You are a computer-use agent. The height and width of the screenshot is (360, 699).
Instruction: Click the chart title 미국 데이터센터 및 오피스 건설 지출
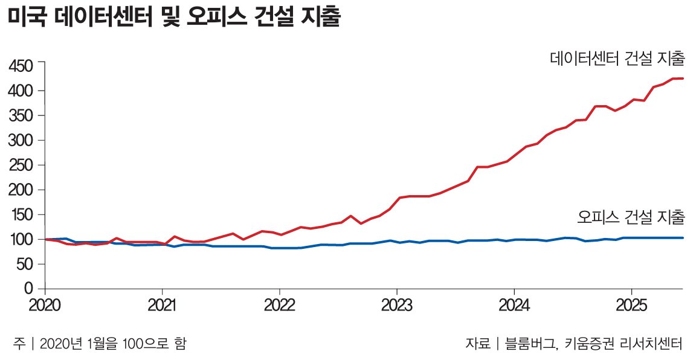click(175, 19)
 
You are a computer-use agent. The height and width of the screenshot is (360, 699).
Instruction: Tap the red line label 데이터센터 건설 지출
click(617, 59)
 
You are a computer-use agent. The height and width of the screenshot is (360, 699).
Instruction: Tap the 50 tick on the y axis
click(28, 264)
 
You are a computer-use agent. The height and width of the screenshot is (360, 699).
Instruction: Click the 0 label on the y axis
click(33, 289)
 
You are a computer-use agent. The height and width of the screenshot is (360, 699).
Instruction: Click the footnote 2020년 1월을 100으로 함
click(112, 344)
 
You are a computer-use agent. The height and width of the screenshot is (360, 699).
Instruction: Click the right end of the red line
click(682, 79)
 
